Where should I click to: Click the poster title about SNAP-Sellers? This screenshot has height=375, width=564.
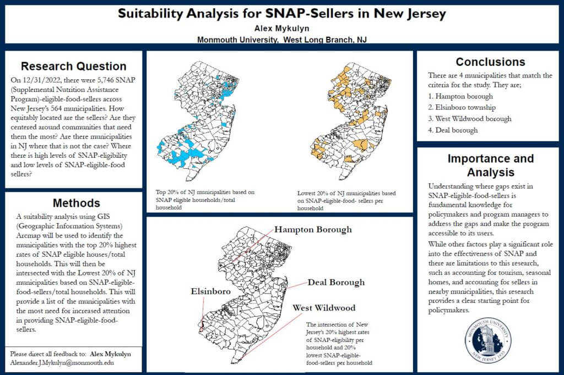[x=281, y=14]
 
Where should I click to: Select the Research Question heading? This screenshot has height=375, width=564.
[x=73, y=66]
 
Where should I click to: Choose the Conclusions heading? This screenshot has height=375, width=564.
[x=490, y=62]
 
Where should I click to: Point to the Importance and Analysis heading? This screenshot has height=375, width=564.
[x=490, y=165]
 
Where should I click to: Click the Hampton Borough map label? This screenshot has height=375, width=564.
[x=312, y=229]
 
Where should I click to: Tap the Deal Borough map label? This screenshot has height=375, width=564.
[x=336, y=283]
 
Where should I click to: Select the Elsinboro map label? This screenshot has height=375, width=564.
[x=210, y=291]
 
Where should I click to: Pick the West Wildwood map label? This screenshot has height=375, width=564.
[x=324, y=308]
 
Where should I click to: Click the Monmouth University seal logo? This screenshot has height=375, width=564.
[x=488, y=340]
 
